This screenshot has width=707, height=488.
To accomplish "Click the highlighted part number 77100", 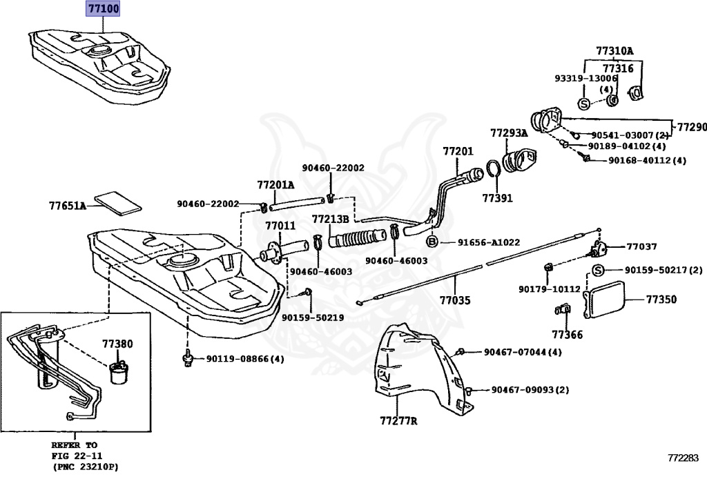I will (x=102, y=10).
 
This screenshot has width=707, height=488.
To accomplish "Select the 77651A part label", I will (x=67, y=206).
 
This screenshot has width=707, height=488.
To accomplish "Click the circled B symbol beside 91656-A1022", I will (x=432, y=242).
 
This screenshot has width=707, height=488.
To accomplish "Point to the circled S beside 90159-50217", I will (x=598, y=270).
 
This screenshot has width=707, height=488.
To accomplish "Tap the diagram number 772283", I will (x=682, y=458).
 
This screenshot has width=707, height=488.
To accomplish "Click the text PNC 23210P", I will (x=86, y=467).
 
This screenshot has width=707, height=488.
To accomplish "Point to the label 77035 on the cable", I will (x=455, y=301).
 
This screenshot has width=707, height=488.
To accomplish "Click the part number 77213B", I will (x=330, y=219).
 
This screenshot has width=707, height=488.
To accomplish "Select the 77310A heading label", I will (x=614, y=51).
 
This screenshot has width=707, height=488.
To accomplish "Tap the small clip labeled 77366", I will (x=561, y=310).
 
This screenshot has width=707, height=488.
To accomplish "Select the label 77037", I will (x=641, y=246).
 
